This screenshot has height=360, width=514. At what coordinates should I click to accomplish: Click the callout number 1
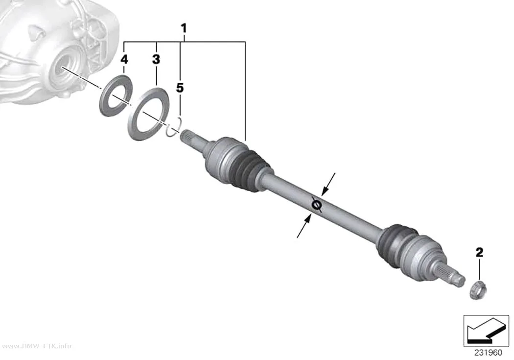point(184,28)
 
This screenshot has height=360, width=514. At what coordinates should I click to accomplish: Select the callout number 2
point(479,252)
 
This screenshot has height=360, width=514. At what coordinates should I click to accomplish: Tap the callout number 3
point(156,59)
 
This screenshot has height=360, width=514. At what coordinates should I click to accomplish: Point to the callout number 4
point(124,59)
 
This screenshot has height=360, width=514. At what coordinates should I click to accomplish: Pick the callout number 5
point(180,88)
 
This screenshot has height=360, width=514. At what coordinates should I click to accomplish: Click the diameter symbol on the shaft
point(316,205)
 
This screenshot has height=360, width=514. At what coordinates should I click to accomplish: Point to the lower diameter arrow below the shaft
point(304,226)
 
